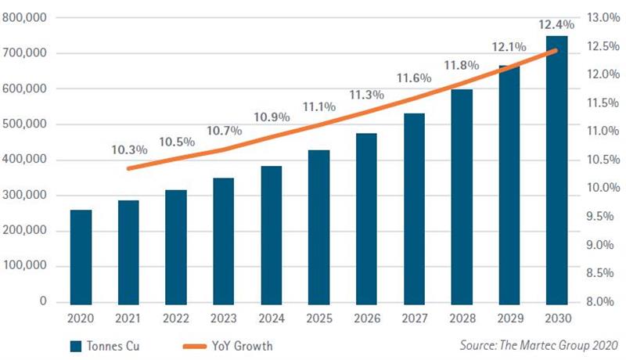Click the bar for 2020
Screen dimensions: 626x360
pyautogui.click(x=81, y=257)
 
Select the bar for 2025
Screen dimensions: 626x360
pyautogui.click(x=319, y=228)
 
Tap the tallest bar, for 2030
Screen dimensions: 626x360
pyautogui.click(x=557, y=171)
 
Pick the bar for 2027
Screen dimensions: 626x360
pyautogui.click(x=414, y=209)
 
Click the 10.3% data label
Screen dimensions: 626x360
pyautogui.click(x=129, y=150)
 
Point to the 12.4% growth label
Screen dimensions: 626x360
pyautogui.click(x=556, y=25)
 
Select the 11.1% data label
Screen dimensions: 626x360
pyautogui.click(x=319, y=107)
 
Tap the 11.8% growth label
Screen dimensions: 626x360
pyautogui.click(x=462, y=65)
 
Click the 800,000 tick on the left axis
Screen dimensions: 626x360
pyautogui.click(x=24, y=17)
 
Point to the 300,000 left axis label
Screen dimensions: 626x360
pyautogui.click(x=24, y=195)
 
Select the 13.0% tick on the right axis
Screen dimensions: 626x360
pyautogui.click(x=603, y=17)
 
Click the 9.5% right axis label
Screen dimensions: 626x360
pyautogui.click(x=600, y=216)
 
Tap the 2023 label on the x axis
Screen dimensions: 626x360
pyautogui.click(x=224, y=319)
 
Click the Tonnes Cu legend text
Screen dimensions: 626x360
pyautogui.click(x=113, y=346)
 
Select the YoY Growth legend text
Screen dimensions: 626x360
pyautogui.click(x=243, y=346)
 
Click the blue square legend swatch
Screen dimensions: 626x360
pyautogui.click(x=76, y=347)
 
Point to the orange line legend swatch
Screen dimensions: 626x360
pyautogui.click(x=194, y=347)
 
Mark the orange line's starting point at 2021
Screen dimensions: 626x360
pyautogui.click(x=128, y=168)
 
